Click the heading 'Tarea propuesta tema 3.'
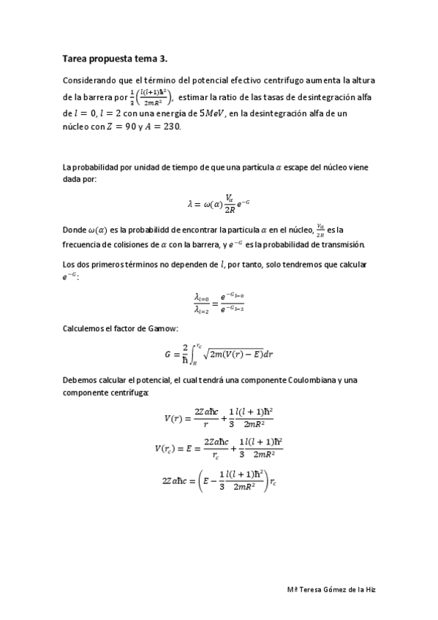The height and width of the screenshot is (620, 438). tap(116, 58)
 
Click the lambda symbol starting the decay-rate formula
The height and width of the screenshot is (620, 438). tap(189, 204)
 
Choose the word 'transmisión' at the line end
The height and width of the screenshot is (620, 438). tap(339, 244)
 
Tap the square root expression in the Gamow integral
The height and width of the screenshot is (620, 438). tap(234, 355)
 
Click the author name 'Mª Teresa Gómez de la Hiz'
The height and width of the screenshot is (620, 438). tap(331, 589)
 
